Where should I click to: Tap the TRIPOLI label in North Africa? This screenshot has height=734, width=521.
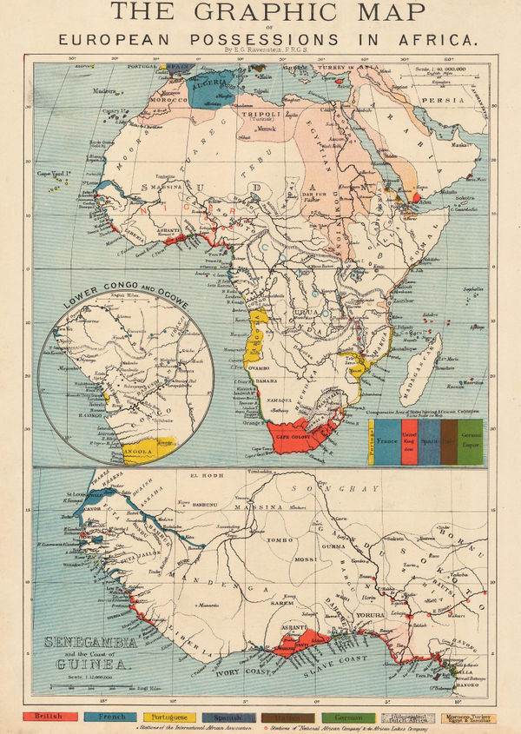click(265, 114)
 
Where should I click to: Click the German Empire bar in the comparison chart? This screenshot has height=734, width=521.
click(469, 440)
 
